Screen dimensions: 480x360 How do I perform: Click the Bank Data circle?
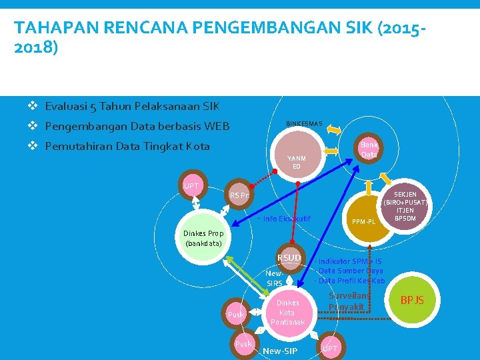pos(369,149)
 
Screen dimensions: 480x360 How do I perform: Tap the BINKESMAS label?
pos(304,124)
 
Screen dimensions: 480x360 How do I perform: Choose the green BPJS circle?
pos(412,301)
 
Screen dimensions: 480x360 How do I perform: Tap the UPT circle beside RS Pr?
pos(192,187)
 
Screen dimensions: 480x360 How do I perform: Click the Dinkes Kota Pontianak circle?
pos(287,312)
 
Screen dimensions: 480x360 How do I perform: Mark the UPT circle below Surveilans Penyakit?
pos(329,348)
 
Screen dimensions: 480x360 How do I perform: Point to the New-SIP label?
pos(281,351)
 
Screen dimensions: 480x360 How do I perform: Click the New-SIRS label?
pos(275,279)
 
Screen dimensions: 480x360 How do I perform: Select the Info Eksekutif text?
pos(287,219)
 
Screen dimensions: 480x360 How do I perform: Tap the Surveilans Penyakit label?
pos(345,301)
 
